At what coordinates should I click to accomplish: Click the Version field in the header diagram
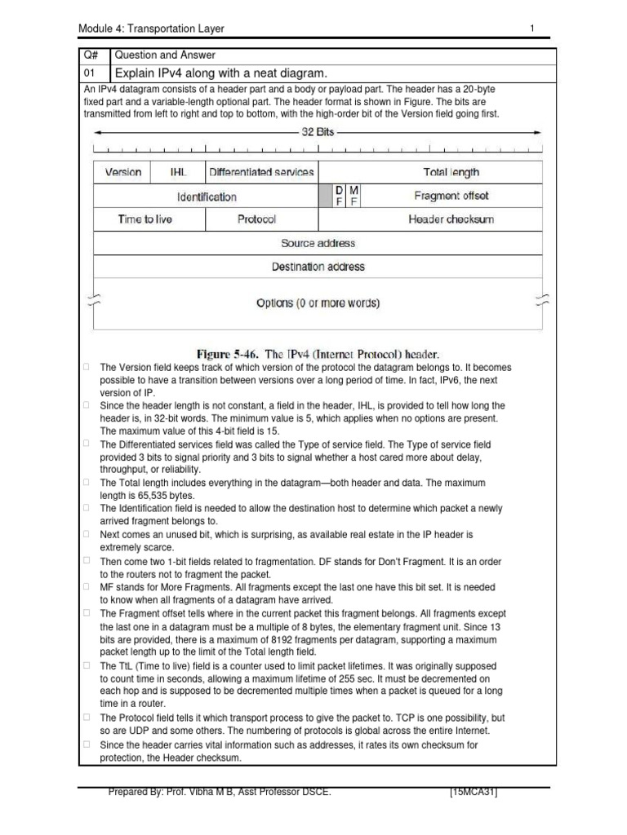123,172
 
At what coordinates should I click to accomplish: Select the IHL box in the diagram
178,172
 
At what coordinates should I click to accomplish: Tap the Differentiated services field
261,172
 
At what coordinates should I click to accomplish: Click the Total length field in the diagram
451,172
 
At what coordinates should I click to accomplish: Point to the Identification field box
207,197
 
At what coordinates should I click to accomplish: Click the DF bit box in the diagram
340,196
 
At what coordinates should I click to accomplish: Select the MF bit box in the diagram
354,196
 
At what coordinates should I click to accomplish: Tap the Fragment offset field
451,196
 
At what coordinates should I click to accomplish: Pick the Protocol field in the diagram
256,219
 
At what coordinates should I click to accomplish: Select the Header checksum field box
451,219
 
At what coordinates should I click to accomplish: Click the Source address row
318,243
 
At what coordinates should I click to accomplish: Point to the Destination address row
318,267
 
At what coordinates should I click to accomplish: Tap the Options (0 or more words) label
318,303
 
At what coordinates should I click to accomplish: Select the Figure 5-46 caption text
318,354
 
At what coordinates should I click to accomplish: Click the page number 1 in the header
531,29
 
